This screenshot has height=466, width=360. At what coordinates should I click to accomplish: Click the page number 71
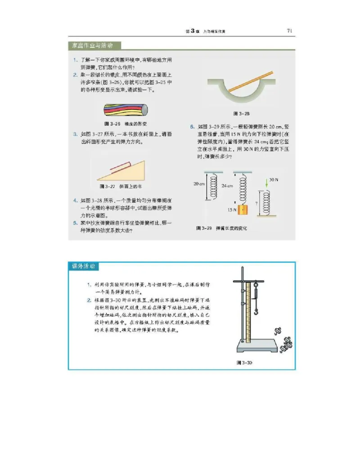click(x=290, y=31)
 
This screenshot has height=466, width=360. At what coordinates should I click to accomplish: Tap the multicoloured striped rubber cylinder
click(x=125, y=111)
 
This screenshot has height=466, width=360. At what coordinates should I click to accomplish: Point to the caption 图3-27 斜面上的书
click(x=121, y=186)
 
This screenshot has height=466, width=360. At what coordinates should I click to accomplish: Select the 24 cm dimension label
click(x=227, y=185)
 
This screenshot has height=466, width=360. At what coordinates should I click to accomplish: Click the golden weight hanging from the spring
click(x=243, y=210)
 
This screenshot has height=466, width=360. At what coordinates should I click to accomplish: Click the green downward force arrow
click(x=266, y=184)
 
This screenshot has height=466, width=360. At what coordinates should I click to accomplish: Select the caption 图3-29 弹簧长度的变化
click(x=221, y=228)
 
